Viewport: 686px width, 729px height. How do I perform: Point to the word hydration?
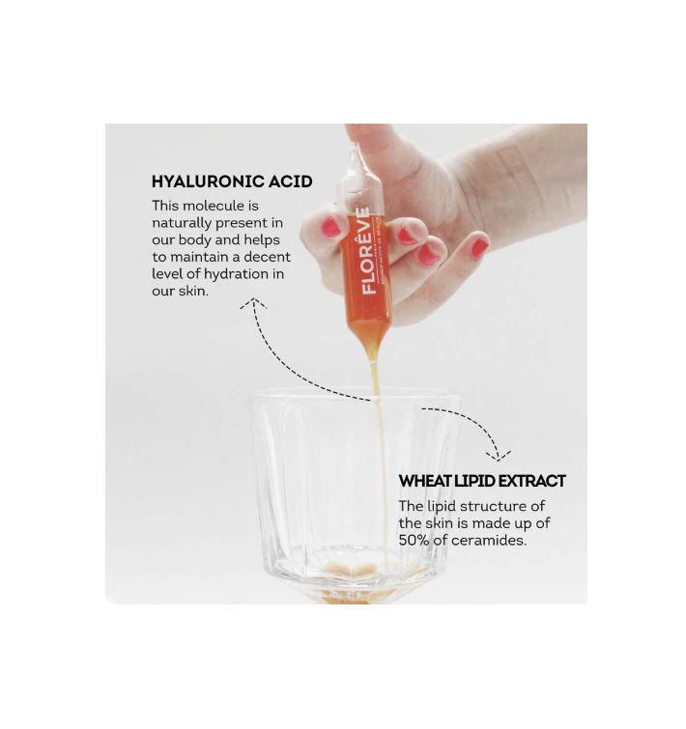237,274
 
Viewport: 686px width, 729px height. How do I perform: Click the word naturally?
182,223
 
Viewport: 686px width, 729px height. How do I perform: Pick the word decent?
267,257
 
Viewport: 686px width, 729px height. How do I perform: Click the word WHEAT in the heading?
424,481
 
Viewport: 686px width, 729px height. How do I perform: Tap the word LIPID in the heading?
473,481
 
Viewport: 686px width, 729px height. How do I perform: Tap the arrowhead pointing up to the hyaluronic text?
254,303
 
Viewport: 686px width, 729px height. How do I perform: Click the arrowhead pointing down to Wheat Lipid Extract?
499,456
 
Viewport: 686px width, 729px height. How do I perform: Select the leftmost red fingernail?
330,226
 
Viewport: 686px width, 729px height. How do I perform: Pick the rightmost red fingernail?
479,247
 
